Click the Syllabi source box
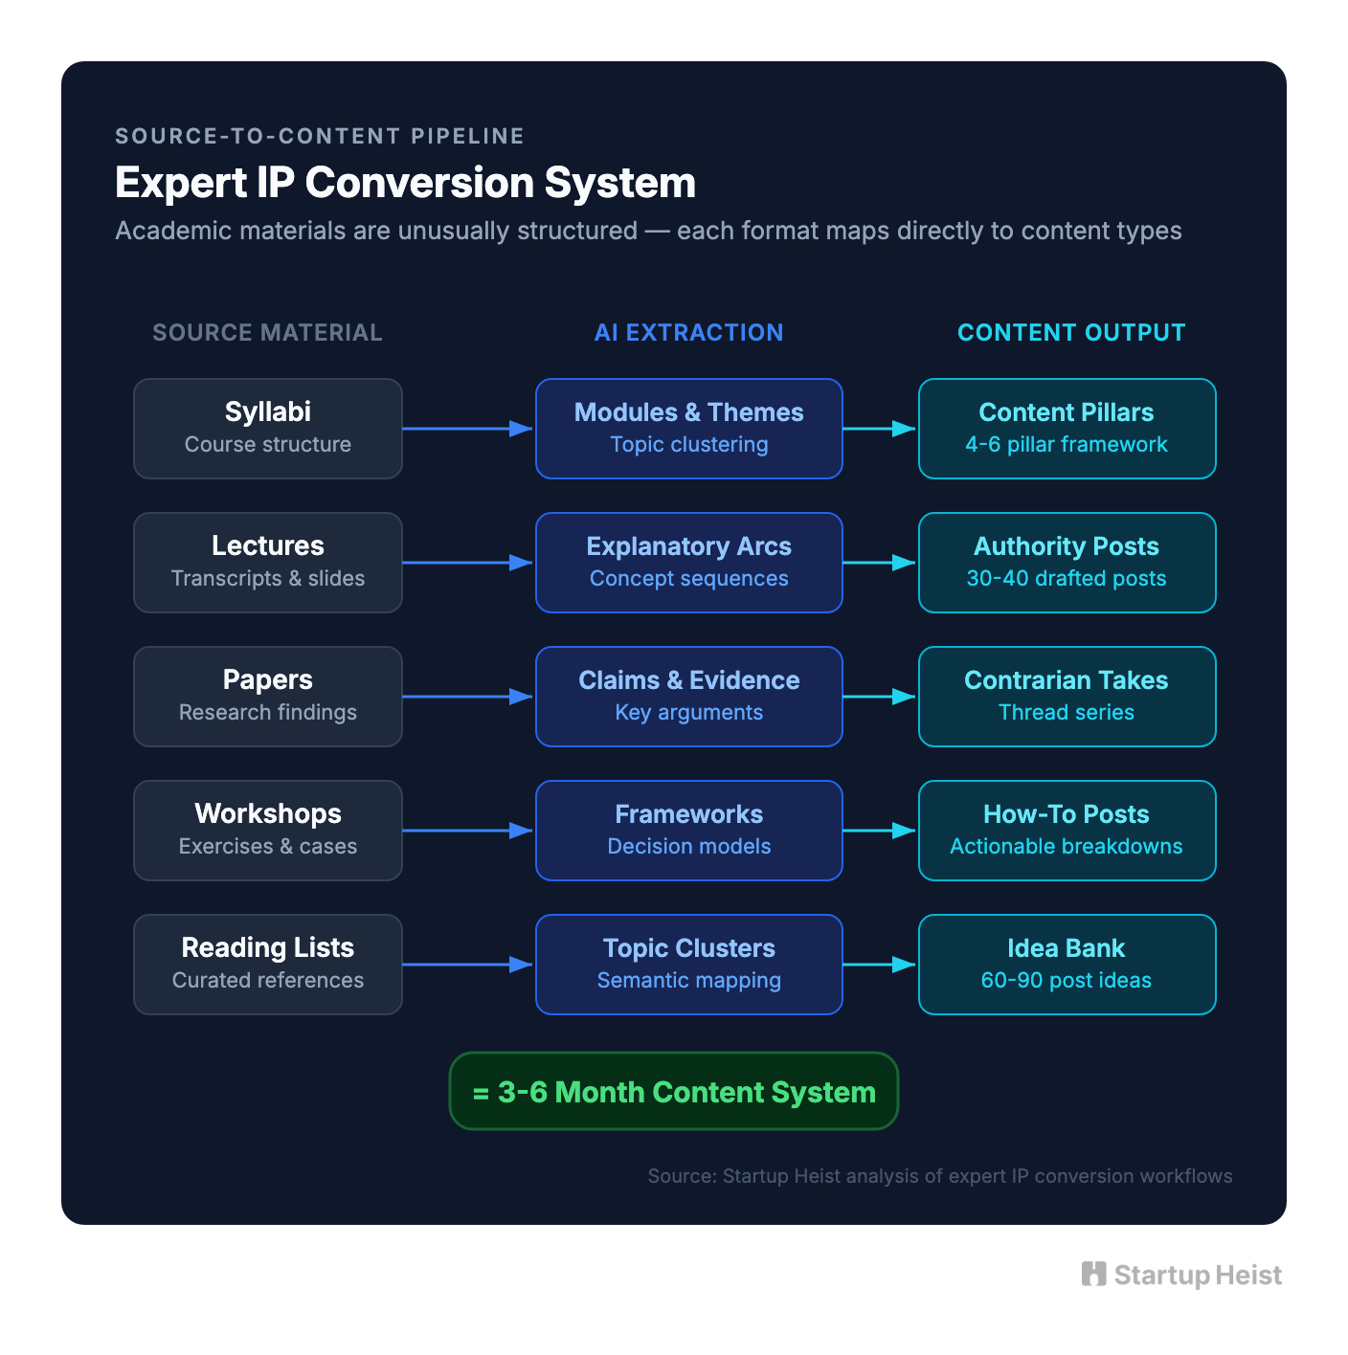click(x=268, y=428)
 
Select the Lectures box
click(x=268, y=562)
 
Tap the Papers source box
click(x=268, y=696)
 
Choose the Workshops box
click(x=268, y=830)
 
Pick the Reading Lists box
click(x=268, y=964)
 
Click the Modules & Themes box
click(x=688, y=428)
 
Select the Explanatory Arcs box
click(x=688, y=562)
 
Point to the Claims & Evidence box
click(x=688, y=696)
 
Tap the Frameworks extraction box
click(x=688, y=830)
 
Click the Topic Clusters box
click(x=688, y=964)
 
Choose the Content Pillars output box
click(x=1067, y=428)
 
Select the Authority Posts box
click(x=1067, y=562)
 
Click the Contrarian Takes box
click(x=1067, y=696)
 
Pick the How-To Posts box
click(x=1067, y=830)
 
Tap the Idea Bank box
click(x=1067, y=964)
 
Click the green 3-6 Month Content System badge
click(x=673, y=1091)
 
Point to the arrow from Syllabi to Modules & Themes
click(x=468, y=429)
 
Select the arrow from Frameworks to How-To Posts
click(x=880, y=831)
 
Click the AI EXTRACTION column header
click(x=688, y=332)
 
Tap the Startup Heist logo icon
click(x=1093, y=1274)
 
